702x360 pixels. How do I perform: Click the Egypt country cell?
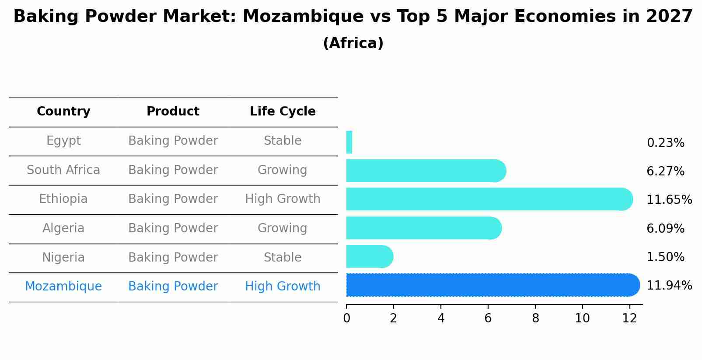63,141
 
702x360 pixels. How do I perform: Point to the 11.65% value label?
669,200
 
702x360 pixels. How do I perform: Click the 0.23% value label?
665,143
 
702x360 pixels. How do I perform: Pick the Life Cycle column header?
283,112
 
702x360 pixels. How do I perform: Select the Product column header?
173,112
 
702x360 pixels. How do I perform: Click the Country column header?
63,112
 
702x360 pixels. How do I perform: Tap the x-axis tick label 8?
535,318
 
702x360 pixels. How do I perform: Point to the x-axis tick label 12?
629,318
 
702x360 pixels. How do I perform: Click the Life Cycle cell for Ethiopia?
283,199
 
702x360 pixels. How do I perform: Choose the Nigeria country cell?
63,257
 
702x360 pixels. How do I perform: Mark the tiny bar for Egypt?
349,142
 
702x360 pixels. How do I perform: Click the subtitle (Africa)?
353,43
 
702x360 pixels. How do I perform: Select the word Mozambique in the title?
303,17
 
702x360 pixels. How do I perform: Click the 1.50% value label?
665,257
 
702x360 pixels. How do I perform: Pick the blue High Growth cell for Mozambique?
283,287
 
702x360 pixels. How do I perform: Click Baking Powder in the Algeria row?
173,228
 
